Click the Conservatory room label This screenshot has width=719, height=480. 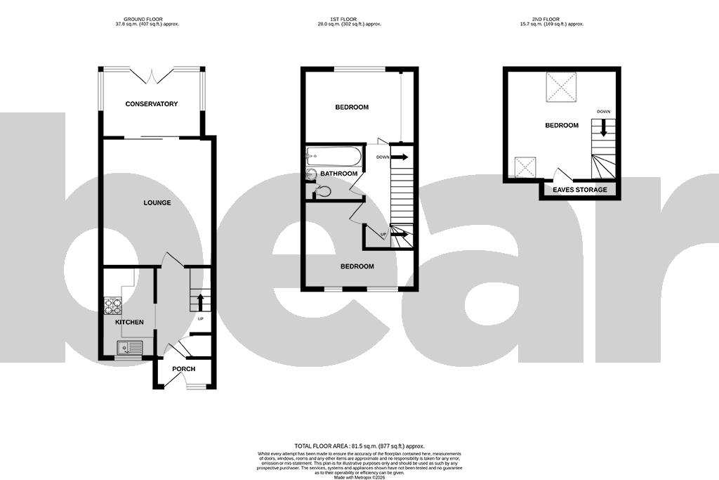pyautogui.click(x=151, y=104)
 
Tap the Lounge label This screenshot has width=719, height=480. pyautogui.click(x=157, y=203)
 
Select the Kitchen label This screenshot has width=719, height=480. pyautogui.click(x=129, y=323)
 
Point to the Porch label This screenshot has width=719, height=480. pyautogui.click(x=183, y=369)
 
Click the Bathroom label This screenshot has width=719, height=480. pyautogui.click(x=339, y=174)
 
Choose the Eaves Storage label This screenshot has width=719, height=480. pyautogui.click(x=579, y=190)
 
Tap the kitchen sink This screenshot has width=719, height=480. pyautogui.click(x=129, y=347)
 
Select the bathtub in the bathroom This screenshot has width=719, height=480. pyautogui.click(x=334, y=156)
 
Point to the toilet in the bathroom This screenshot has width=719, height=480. pyautogui.click(x=322, y=190)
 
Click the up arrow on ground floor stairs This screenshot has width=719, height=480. pyautogui.click(x=200, y=302)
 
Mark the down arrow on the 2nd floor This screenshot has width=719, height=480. pyautogui.click(x=603, y=127)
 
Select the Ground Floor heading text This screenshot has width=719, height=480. pyautogui.click(x=151, y=21)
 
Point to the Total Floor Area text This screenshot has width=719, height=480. pyautogui.click(x=359, y=446)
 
